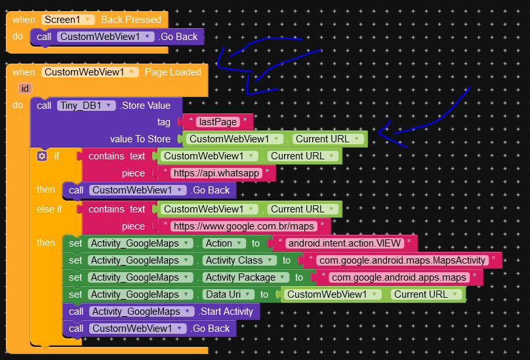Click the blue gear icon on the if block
pos(42,156)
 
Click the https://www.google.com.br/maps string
pos(244,226)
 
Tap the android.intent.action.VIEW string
pos(345,243)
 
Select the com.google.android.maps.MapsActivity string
pos(403,260)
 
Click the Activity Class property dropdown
pos(239,260)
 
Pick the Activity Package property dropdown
pos(245,277)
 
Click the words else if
pos(49,209)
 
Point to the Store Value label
pos(146,106)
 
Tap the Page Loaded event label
pos(172,72)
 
